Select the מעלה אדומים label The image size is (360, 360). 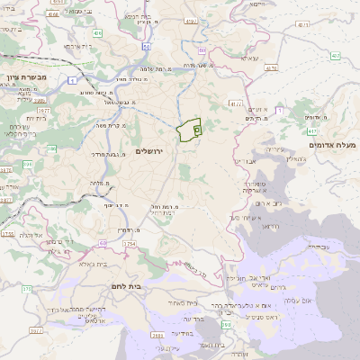[x=333, y=145]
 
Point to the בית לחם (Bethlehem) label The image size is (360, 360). [x=130, y=285]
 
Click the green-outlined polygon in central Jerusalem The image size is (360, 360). [x=189, y=131]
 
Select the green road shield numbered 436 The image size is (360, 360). [x=97, y=32]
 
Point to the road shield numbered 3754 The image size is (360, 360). [x=130, y=243]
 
